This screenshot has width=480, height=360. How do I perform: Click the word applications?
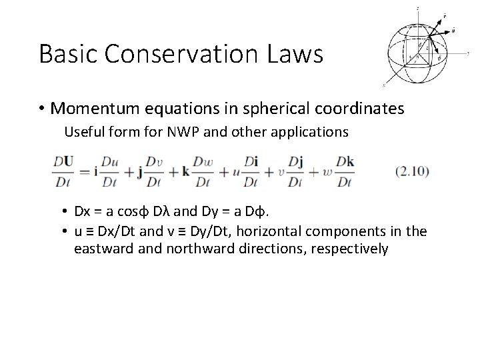pyautogui.click(x=310, y=132)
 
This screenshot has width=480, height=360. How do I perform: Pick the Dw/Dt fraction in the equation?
pyautogui.click(x=202, y=171)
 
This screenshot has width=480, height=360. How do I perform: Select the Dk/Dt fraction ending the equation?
pyautogui.click(x=344, y=171)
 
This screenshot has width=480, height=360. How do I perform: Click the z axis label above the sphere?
pyautogui.click(x=417, y=8)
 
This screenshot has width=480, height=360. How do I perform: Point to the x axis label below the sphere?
pyautogui.click(x=384, y=86)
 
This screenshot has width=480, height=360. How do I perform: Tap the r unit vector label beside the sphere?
pyautogui.click(x=445, y=12)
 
